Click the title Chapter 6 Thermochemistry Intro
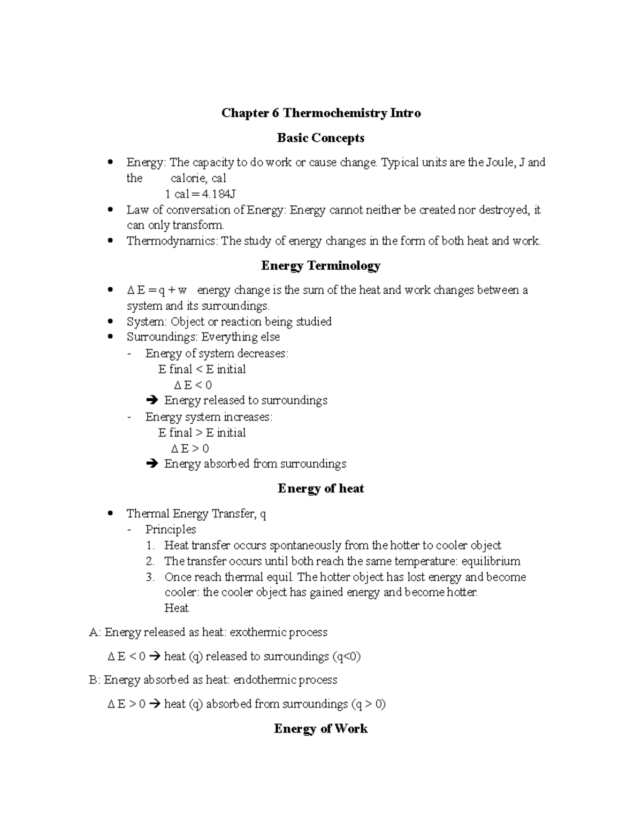[321, 113]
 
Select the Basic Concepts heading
[320, 138]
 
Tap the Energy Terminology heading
[320, 265]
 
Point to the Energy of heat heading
[320, 489]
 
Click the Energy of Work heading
[320, 728]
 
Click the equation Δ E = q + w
[157, 291]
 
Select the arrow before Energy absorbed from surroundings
[152, 464]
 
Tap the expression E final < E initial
[202, 369]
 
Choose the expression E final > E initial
[202, 432]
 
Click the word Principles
[170, 530]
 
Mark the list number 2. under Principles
[150, 561]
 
